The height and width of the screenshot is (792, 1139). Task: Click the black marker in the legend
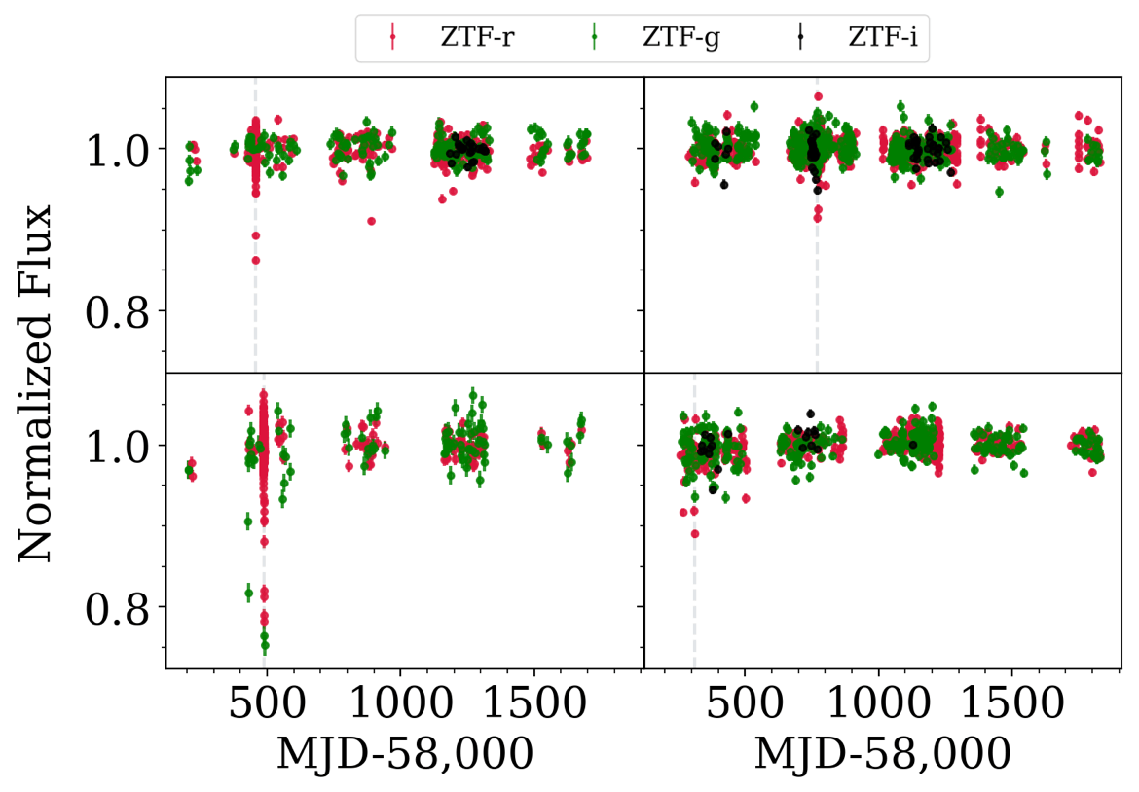[x=800, y=38]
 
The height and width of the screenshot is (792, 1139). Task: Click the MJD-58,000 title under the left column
[x=405, y=753]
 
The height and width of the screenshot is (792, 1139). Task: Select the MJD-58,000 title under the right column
[x=882, y=753]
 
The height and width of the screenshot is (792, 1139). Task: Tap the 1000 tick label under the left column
[x=400, y=706]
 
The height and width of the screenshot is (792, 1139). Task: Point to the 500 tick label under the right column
[x=745, y=706]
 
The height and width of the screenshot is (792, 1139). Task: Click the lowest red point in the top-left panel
[x=256, y=260]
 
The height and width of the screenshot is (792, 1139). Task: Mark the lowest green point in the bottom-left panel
[x=265, y=645]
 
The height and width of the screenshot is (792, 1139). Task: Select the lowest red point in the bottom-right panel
[x=695, y=533]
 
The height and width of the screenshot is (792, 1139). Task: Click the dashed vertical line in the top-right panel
[x=817, y=292]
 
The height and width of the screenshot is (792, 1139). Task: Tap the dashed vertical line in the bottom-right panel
[x=694, y=603]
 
